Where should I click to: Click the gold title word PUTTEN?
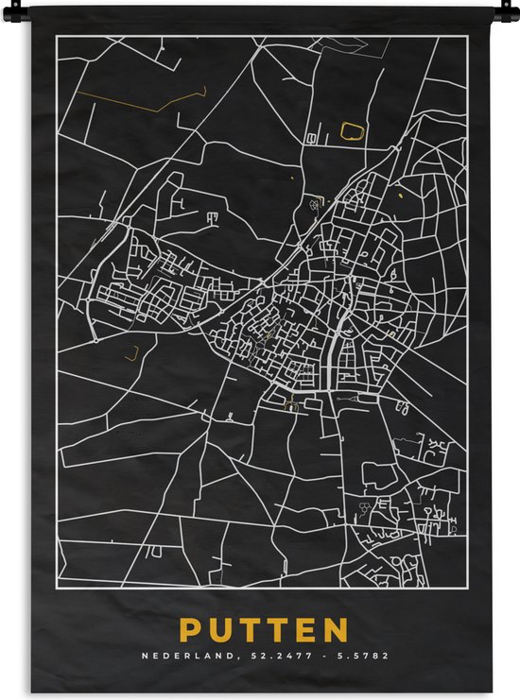[x=264, y=630]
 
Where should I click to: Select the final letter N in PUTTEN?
[x=336, y=630]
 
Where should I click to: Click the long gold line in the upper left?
[x=142, y=97]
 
